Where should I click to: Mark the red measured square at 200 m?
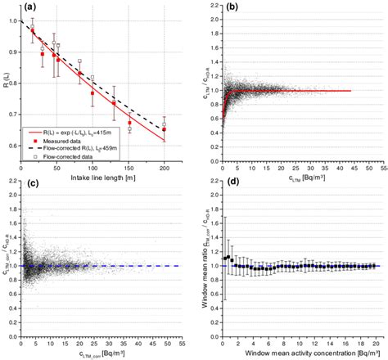click(164, 129)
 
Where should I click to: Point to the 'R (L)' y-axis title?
click(6, 80)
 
